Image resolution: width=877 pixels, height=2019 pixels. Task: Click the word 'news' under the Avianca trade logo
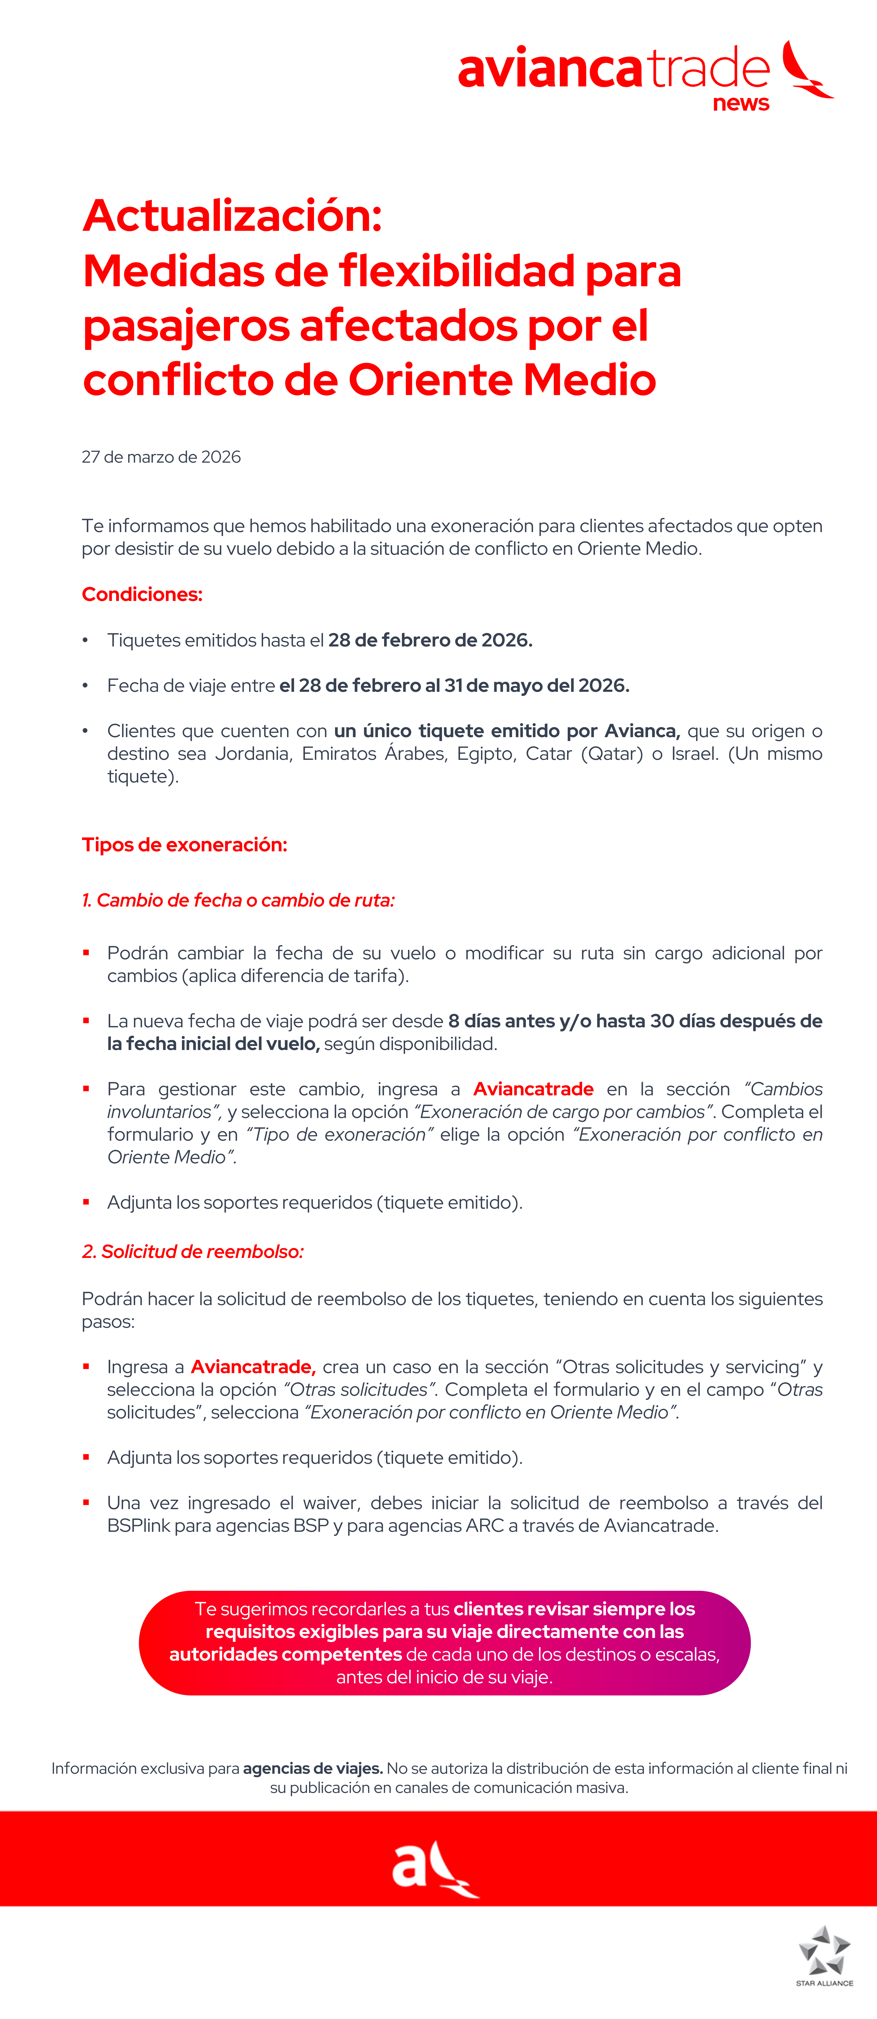pos(741,103)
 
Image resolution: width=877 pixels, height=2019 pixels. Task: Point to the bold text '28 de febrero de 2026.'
pos(430,640)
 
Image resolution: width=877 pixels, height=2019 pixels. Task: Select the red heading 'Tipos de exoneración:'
pos(184,845)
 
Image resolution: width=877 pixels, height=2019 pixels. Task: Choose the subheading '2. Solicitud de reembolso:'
pos(193,1252)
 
